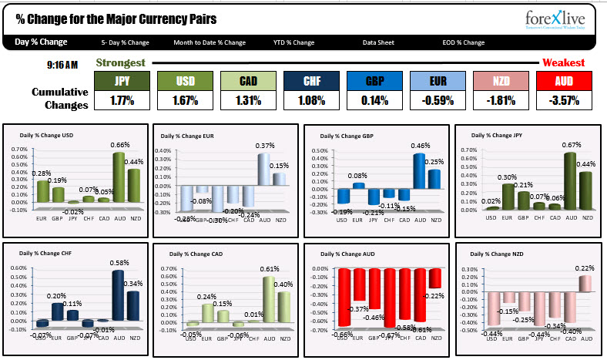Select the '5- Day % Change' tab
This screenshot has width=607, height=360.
[x=125, y=42]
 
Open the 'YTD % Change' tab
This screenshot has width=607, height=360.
[x=293, y=42]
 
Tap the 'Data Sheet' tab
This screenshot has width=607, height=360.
[x=379, y=42]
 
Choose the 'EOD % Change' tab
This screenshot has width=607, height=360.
[x=464, y=42]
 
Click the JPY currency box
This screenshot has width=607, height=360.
[x=122, y=81]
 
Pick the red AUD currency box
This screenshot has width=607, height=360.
[x=565, y=81]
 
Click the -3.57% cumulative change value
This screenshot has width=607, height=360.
[x=565, y=100]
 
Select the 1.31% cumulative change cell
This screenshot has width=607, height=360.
[x=249, y=100]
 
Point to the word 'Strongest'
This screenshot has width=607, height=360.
[x=120, y=62]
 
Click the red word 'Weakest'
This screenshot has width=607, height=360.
[x=563, y=63]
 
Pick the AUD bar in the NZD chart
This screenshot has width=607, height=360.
[x=585, y=284]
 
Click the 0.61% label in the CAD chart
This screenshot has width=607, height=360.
[x=270, y=268]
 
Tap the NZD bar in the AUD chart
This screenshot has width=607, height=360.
[x=435, y=278]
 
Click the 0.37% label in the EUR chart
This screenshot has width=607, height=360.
[x=266, y=146]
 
